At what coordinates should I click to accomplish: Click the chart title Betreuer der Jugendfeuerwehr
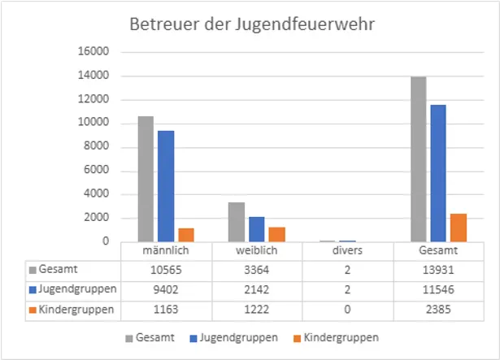tap(250, 24)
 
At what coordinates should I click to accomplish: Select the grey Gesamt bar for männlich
tap(146, 179)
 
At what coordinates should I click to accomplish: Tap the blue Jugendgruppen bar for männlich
tap(166, 186)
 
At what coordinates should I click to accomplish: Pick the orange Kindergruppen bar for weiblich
tap(276, 234)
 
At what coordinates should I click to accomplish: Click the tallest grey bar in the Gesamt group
tap(418, 159)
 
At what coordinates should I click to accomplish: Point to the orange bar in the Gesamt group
tap(458, 228)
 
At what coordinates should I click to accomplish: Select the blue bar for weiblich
tap(257, 229)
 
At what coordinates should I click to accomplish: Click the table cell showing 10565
tap(166, 268)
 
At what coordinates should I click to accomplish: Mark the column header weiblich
tap(257, 250)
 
